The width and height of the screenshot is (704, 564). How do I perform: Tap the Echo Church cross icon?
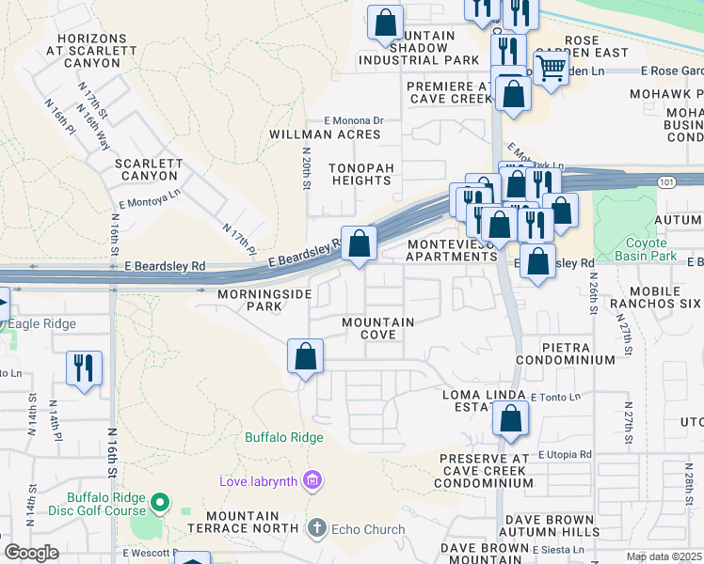coord(317,529)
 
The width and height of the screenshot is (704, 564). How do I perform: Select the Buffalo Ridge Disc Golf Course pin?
coord(160,504)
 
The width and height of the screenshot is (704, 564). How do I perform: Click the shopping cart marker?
coord(551,67)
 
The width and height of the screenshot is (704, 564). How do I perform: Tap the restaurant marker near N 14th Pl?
coord(84,368)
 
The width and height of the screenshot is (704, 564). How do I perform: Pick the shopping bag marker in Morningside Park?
coord(305,356)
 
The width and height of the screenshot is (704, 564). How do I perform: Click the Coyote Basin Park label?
coord(652,249)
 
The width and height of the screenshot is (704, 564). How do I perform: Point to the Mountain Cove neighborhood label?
coord(377,329)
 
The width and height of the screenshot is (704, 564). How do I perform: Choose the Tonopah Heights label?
coord(346,173)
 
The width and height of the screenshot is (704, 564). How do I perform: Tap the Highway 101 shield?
coord(666,180)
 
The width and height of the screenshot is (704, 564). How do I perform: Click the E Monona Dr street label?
coord(354,120)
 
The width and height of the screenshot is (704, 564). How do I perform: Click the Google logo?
coord(32,553)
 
